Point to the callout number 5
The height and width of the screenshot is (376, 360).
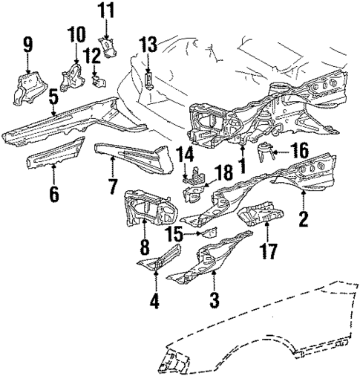point(53,97)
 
